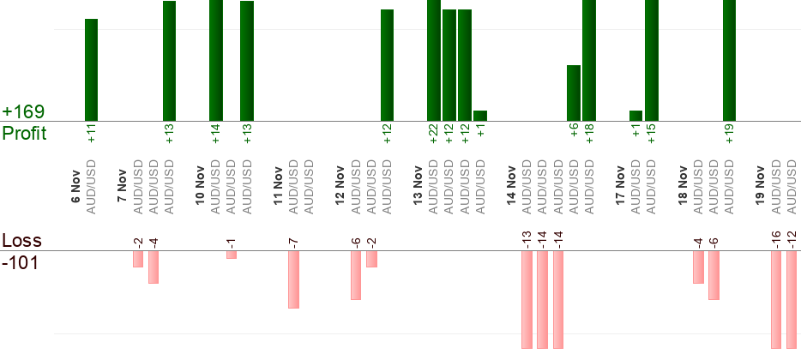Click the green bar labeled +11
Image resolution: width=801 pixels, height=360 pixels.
[91, 69]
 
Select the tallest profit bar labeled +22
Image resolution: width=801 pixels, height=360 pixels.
[434, 60]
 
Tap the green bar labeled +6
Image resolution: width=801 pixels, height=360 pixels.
[574, 93]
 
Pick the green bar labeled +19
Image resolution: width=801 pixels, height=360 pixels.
[730, 60]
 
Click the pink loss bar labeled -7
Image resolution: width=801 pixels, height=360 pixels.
[293, 279]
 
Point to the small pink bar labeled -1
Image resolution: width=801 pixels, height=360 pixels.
[232, 254]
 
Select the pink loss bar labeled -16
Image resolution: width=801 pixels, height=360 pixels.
[776, 299]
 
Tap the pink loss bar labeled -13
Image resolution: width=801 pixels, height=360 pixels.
[527, 299]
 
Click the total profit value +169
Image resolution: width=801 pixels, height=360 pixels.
[23, 112]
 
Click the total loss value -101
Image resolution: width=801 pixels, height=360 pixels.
[21, 262]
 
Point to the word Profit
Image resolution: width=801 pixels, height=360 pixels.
[25, 134]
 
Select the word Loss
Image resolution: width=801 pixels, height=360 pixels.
[21, 241]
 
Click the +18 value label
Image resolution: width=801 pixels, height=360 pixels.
[589, 134]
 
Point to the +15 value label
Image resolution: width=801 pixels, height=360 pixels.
[652, 134]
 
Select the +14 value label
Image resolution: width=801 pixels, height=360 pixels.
[216, 134]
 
